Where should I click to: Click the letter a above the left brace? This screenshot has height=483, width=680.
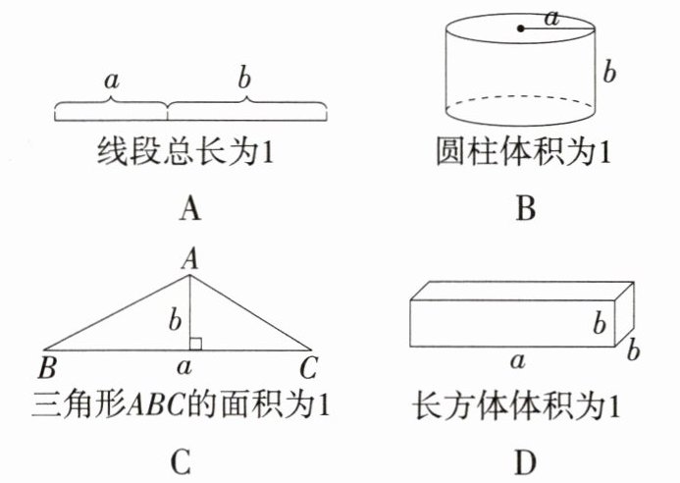click(112, 81)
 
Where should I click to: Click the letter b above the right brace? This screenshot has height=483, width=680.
click(244, 79)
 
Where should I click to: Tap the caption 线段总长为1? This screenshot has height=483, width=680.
click(185, 152)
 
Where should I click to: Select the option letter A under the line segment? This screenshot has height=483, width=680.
click(190, 209)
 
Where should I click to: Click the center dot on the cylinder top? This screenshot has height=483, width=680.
click(521, 28)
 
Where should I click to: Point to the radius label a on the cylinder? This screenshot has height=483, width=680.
click(551, 19)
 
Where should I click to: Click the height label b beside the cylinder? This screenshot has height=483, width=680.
click(609, 72)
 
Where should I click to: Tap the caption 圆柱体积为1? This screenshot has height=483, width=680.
click(523, 152)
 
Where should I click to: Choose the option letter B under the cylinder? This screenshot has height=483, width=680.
click(526, 209)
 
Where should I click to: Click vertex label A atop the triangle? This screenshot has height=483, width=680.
click(190, 260)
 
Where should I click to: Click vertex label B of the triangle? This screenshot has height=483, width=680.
click(47, 368)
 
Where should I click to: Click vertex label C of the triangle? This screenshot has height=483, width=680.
click(309, 368)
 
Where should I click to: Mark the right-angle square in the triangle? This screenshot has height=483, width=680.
click(195, 345)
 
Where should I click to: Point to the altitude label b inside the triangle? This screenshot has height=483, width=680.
click(175, 321)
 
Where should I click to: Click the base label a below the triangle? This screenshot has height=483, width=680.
click(184, 367)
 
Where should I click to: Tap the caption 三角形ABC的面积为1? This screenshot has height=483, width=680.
click(181, 404)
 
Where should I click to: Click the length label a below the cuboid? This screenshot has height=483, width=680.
click(518, 360)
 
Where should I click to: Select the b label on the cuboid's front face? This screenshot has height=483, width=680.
click(600, 323)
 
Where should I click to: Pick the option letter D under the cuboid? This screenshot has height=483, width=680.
click(526, 463)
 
